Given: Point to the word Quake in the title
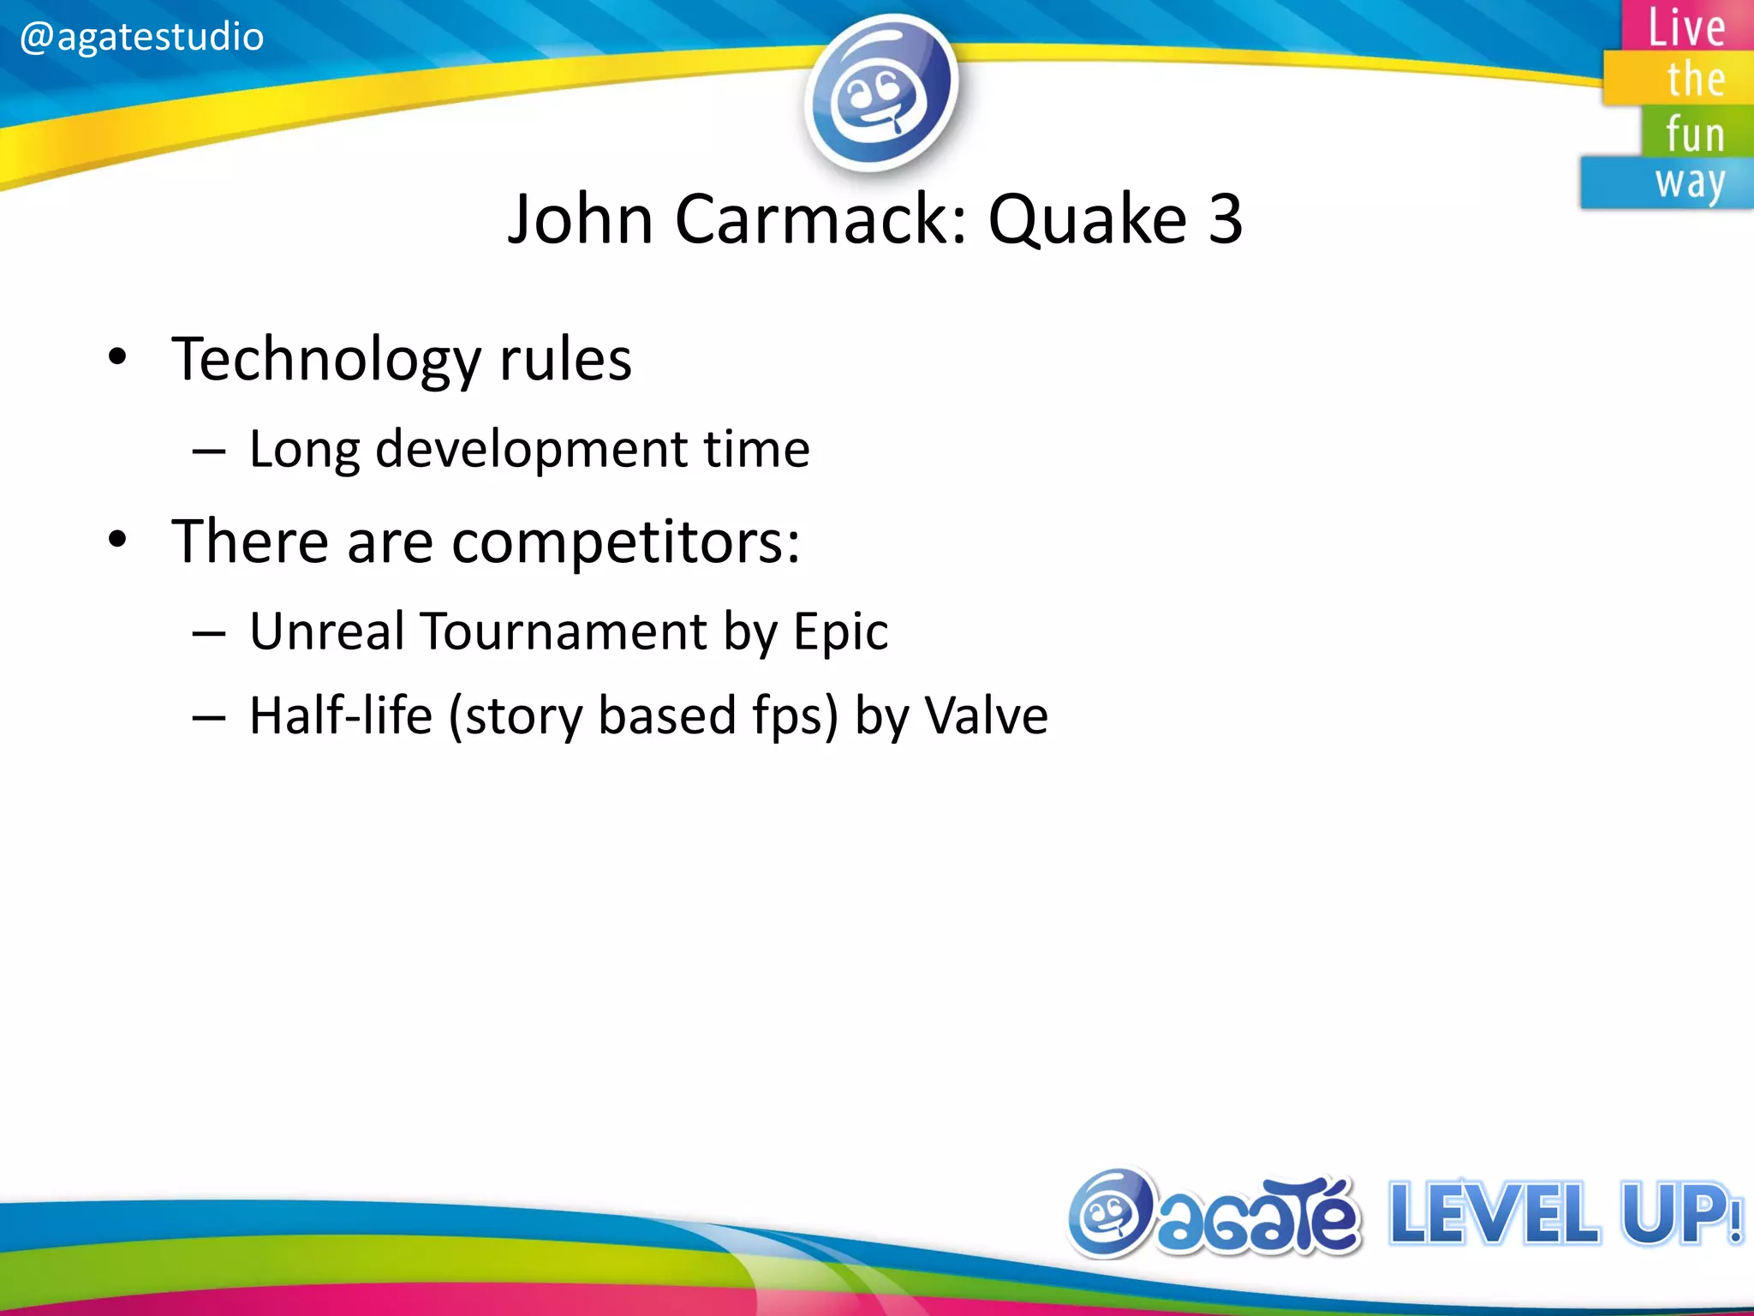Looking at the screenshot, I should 1087,219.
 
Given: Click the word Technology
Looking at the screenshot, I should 325,360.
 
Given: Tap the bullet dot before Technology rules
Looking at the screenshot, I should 118,357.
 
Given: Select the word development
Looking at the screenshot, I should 532,450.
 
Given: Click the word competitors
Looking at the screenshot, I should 625,543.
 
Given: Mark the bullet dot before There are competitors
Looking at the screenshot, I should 118,540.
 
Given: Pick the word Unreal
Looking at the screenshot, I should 326,631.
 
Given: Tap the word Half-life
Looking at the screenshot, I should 341,716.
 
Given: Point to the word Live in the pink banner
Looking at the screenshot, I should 1686,27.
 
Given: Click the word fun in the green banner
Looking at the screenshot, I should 1695,135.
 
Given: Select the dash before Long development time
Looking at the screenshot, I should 209,451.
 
